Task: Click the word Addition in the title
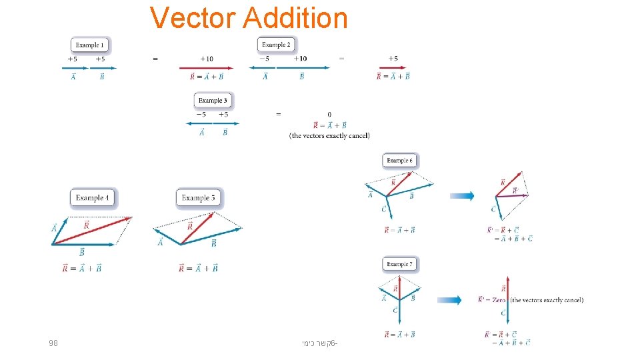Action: (295, 18)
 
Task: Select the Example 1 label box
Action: (90, 45)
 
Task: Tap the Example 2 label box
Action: (276, 45)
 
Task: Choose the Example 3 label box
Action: (213, 101)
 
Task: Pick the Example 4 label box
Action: (93, 198)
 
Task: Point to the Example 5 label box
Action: (199, 198)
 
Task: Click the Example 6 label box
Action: (401, 160)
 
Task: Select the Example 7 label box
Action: (400, 264)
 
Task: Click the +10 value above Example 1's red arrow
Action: (207, 59)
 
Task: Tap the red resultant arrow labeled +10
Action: (206, 67)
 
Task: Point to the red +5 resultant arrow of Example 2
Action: (393, 67)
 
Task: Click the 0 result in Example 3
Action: (329, 115)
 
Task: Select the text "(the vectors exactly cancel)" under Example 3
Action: (329, 136)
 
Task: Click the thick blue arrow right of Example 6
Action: (462, 196)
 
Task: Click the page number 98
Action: (54, 343)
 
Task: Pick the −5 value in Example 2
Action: (264, 59)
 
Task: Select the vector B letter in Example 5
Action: (213, 244)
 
